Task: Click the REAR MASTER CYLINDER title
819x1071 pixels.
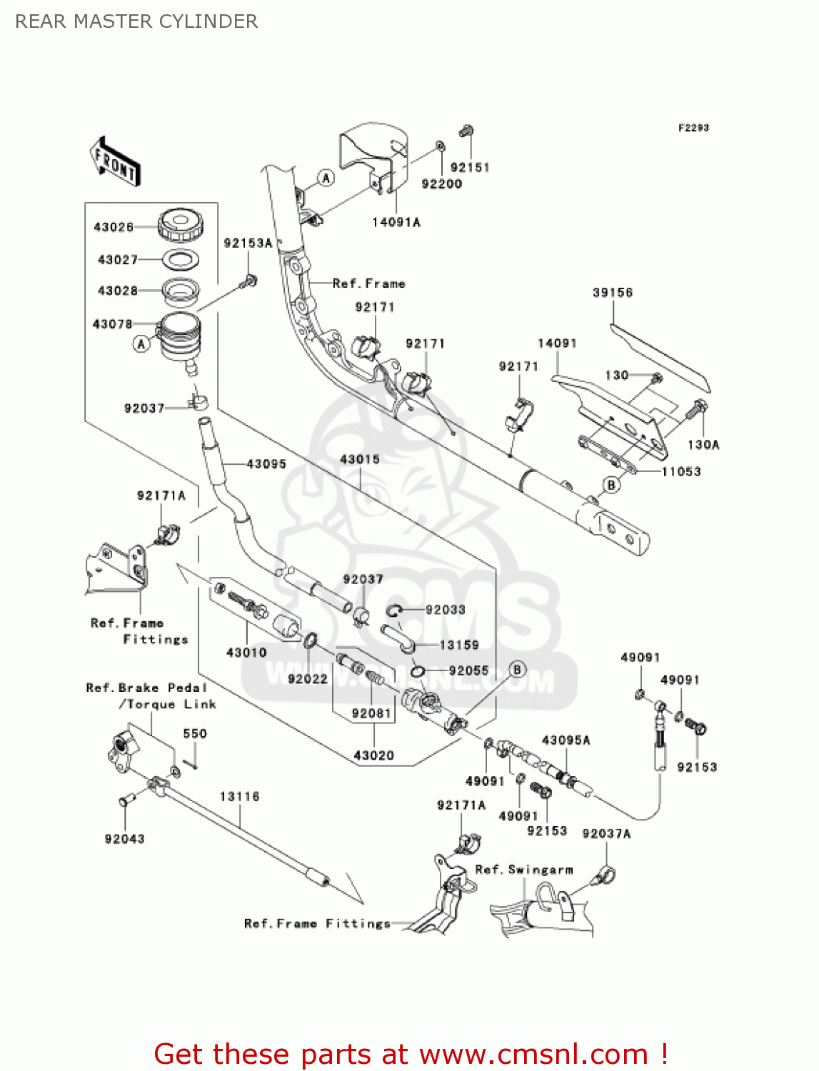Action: pos(136,21)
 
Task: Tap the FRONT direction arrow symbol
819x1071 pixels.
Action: pos(114,162)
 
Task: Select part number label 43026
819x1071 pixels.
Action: pos(114,227)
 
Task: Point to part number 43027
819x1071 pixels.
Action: pos(118,260)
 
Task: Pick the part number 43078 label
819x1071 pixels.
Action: pos(113,324)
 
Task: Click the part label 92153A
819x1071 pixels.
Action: pos(248,243)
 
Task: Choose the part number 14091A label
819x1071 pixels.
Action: pos(396,223)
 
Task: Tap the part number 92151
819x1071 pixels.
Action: pos(470,168)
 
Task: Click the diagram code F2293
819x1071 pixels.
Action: pos(693,128)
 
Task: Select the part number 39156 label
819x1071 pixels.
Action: pos(613,293)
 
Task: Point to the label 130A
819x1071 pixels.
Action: pos(703,445)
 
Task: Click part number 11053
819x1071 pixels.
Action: pos(681,472)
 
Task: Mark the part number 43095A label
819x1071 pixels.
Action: pos(566,740)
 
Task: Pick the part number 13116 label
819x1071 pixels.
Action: pos(240,797)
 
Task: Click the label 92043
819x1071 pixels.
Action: pos(125,839)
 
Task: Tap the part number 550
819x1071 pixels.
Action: pos(195,734)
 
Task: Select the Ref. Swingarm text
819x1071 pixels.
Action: pos(524,870)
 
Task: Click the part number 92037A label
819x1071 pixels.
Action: pos(606,834)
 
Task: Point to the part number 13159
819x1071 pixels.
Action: pos(459,645)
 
